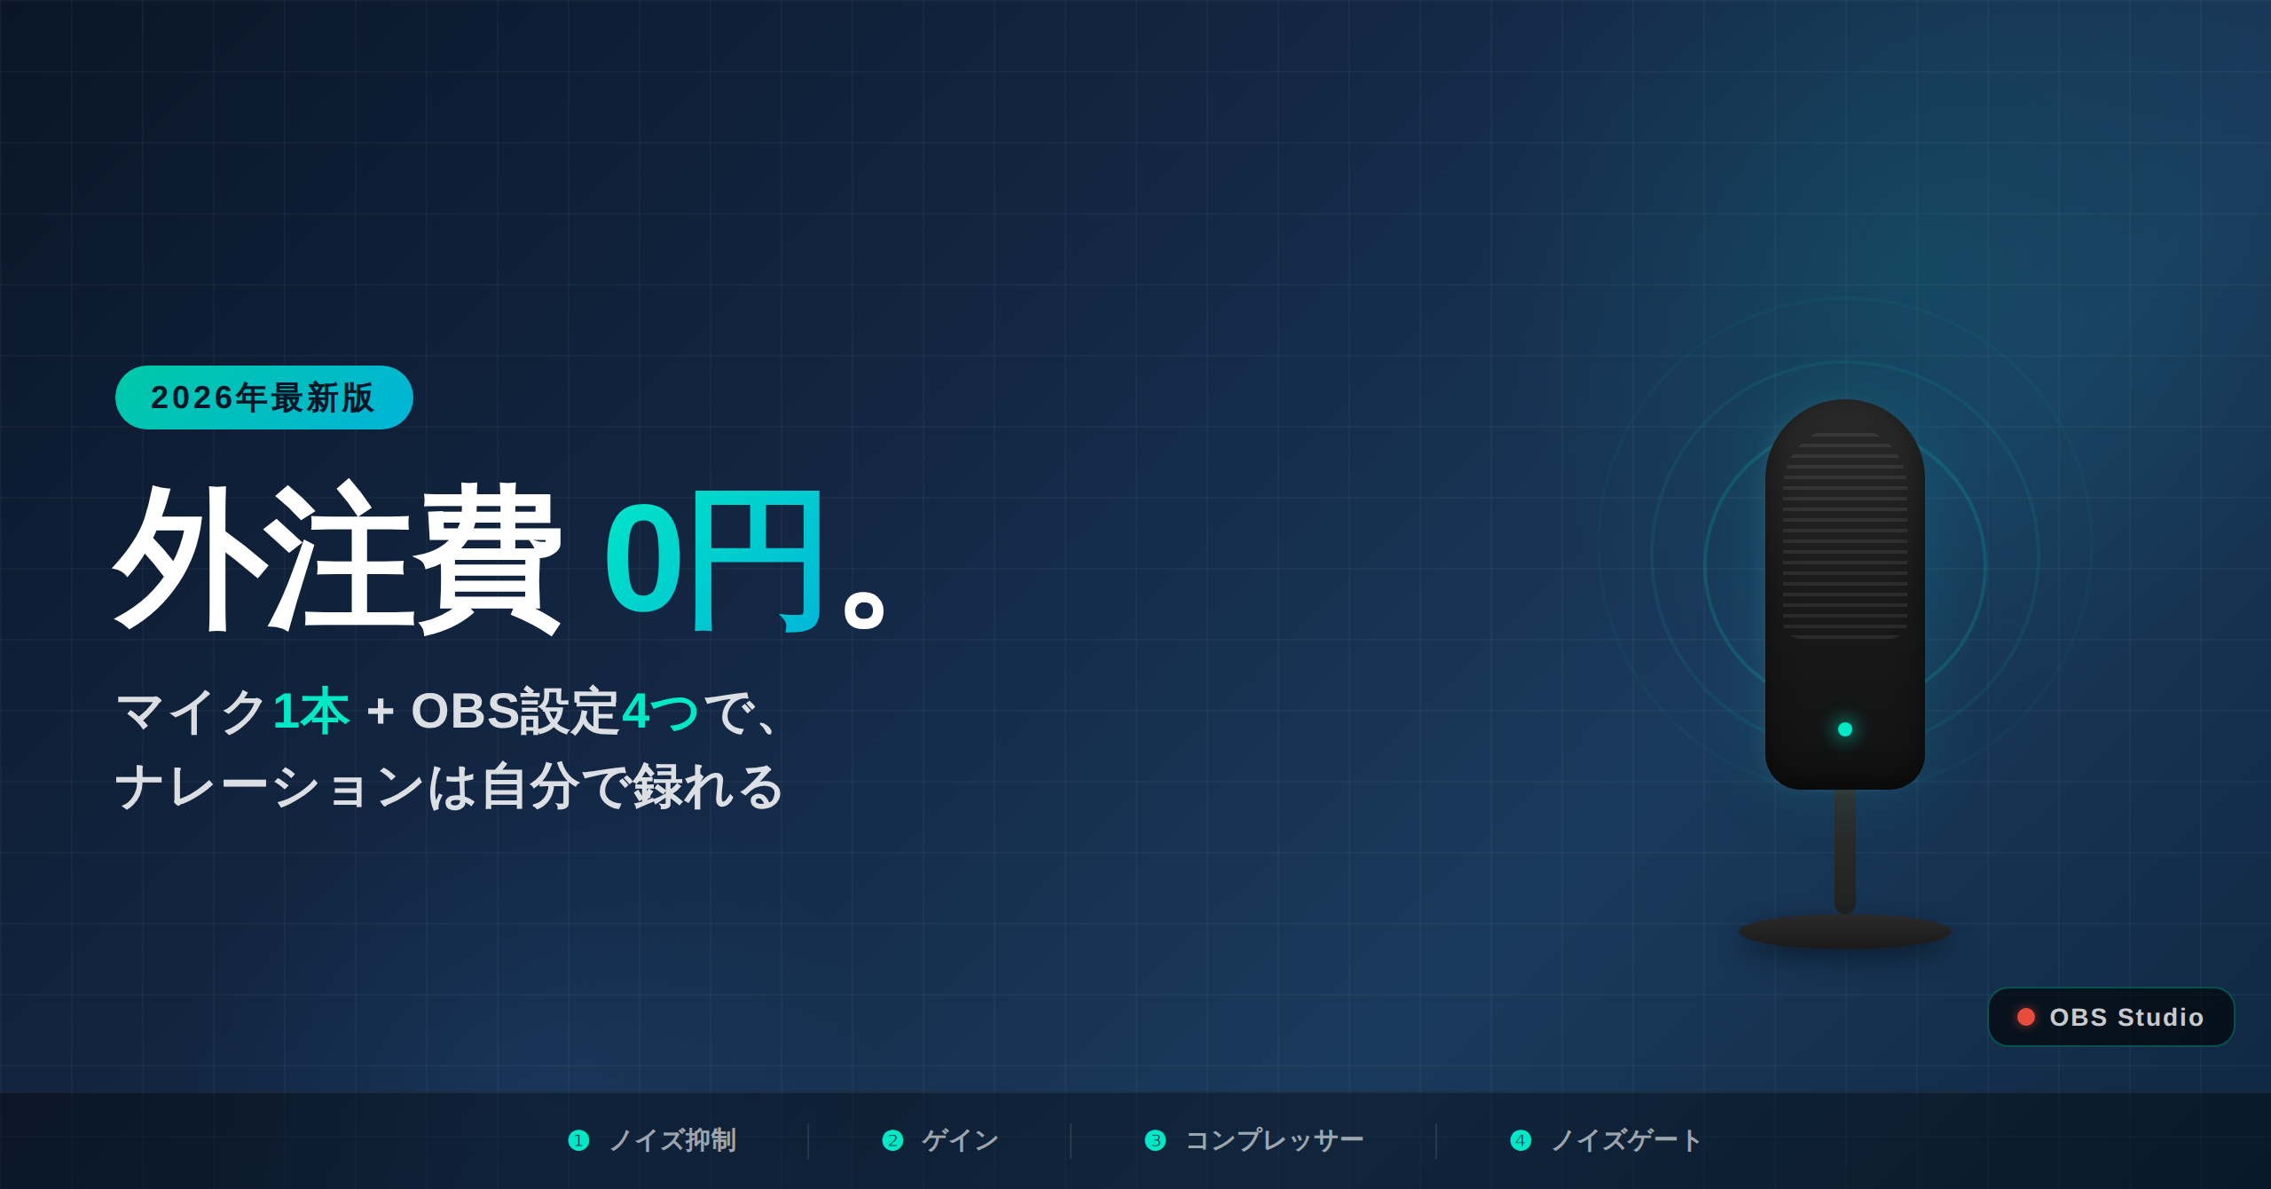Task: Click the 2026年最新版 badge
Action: tap(264, 398)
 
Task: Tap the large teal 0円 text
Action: tap(713, 560)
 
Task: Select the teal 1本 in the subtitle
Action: tap(311, 712)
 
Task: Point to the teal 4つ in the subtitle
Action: tap(661, 712)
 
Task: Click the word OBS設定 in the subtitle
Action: tap(515, 711)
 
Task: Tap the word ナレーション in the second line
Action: tap(270, 787)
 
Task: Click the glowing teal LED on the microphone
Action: tap(1845, 729)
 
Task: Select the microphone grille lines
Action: tap(1845, 535)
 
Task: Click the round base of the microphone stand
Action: tap(1845, 931)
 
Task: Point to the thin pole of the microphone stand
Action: tap(1845, 851)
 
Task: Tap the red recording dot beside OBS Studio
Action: tap(2026, 1017)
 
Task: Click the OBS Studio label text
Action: tap(2126, 1017)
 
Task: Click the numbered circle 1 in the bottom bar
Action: tap(578, 1140)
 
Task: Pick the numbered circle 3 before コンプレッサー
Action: tap(1155, 1140)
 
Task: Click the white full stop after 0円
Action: tap(864, 610)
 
